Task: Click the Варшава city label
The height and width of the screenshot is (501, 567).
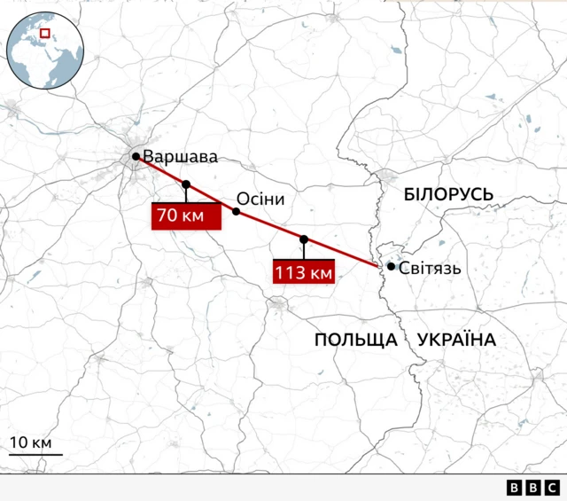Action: tap(180, 157)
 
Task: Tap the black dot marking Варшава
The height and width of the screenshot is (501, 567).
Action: tap(136, 157)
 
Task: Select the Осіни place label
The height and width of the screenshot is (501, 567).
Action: tap(260, 199)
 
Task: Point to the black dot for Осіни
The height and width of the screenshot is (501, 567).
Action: tap(236, 211)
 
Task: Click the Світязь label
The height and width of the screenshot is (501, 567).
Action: tap(430, 267)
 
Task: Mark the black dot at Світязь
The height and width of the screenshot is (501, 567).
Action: tap(391, 266)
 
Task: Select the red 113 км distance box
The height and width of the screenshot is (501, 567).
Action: tap(304, 272)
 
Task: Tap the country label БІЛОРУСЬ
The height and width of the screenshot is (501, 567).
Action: tap(447, 194)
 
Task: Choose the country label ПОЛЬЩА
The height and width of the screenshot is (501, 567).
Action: tap(354, 340)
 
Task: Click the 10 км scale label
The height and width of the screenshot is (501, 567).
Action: tap(31, 442)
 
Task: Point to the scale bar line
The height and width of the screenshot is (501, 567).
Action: tap(35, 454)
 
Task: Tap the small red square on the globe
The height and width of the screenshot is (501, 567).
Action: tap(45, 35)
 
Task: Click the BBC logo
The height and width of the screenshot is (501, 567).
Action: tap(532, 488)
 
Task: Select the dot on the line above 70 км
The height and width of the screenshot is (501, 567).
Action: tap(186, 184)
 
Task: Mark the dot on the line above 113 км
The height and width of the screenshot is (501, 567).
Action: tap(304, 239)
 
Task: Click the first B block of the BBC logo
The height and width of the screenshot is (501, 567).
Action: tap(515, 488)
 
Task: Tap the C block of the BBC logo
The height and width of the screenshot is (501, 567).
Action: tap(551, 488)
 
